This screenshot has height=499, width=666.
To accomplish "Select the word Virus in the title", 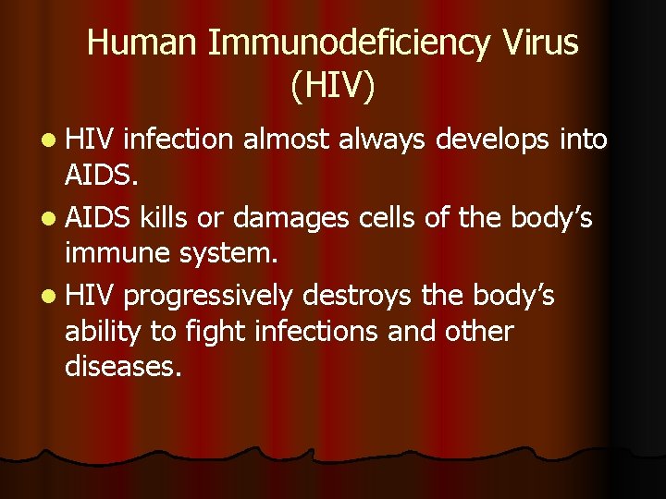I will (x=547, y=43).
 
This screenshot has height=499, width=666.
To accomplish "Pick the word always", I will (x=388, y=140).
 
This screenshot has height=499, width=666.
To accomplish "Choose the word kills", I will (x=164, y=218).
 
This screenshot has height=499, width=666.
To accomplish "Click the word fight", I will (x=209, y=331).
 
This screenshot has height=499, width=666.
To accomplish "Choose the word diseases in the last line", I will (x=123, y=366).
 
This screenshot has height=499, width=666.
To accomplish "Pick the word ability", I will (x=99, y=331).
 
